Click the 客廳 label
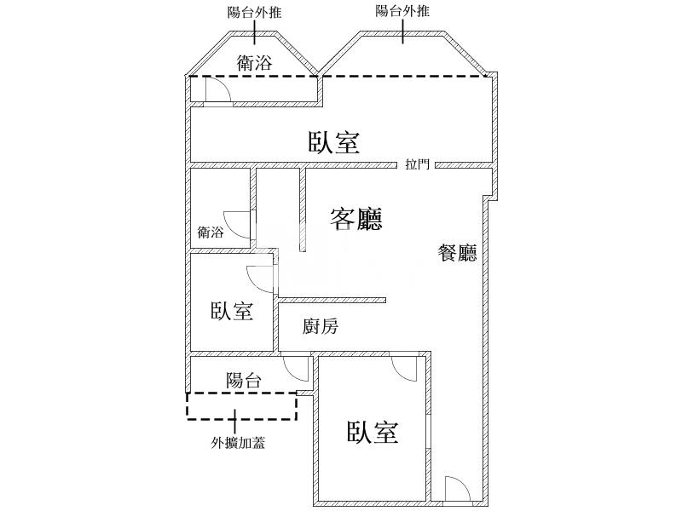click(x=355, y=220)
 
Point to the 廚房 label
click(x=322, y=326)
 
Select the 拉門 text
click(x=418, y=165)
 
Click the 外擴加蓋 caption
click(x=238, y=442)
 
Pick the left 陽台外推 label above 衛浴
click(x=256, y=12)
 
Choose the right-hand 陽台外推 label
click(x=403, y=12)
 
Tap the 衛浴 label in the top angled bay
click(x=255, y=60)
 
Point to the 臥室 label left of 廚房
click(x=232, y=311)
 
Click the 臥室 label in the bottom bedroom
click(x=373, y=433)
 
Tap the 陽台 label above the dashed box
click(x=244, y=381)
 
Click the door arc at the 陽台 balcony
click(x=296, y=367)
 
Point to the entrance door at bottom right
click(x=456, y=489)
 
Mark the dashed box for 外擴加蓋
click(x=242, y=406)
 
